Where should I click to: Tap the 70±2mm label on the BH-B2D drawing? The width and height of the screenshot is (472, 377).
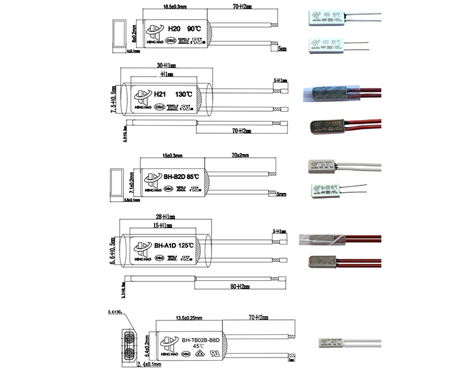pyautogui.click(x=240, y=155)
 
